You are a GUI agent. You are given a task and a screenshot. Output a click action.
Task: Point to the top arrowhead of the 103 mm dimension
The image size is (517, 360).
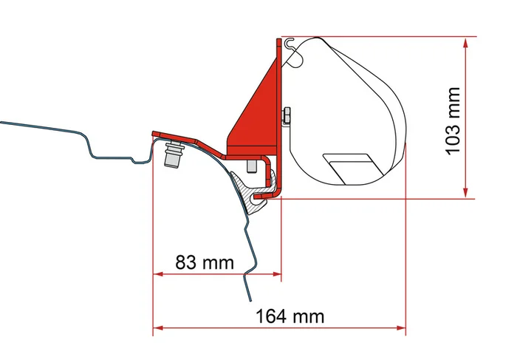tap(465, 42)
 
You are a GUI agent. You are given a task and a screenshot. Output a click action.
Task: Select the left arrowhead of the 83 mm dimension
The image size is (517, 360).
tap(157, 276)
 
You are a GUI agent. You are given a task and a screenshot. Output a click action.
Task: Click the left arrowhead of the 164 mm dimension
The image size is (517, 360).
tap(157, 328)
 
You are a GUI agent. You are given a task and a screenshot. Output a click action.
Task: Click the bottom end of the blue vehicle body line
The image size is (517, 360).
tap(253, 299)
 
